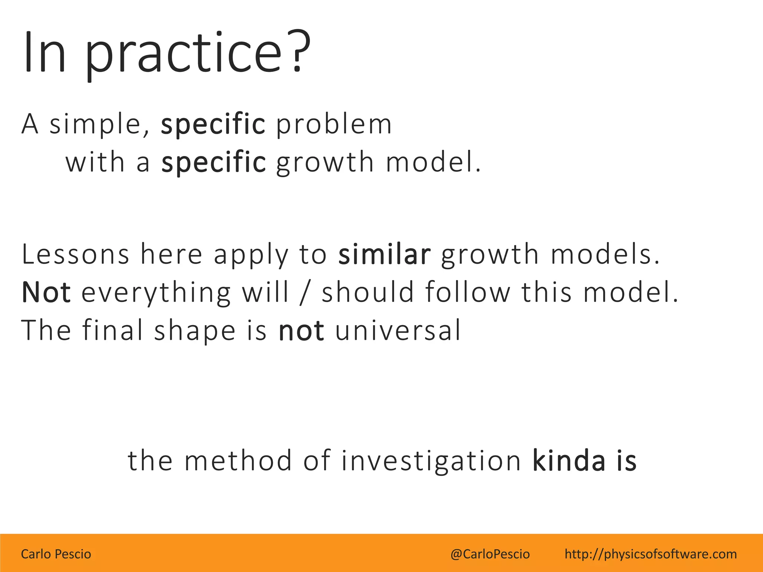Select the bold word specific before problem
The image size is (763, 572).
tap(213, 125)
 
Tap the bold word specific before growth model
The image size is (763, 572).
tap(213, 163)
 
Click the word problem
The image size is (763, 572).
tap(334, 125)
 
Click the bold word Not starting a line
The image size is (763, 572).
tap(46, 292)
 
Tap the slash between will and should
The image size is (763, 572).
tap(305, 292)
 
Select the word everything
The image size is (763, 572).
tap(156, 293)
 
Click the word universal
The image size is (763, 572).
tap(398, 330)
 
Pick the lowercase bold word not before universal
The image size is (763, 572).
tap(301, 331)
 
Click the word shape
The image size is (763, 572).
tap(195, 331)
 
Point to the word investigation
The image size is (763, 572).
tap(431, 461)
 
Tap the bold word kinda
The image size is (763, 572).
tap(569, 461)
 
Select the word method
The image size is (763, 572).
tap(238, 461)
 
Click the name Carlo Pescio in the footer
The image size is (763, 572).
tap(56, 554)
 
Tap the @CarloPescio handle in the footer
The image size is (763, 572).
tap(490, 554)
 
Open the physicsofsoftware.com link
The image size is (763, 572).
tap(650, 554)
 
